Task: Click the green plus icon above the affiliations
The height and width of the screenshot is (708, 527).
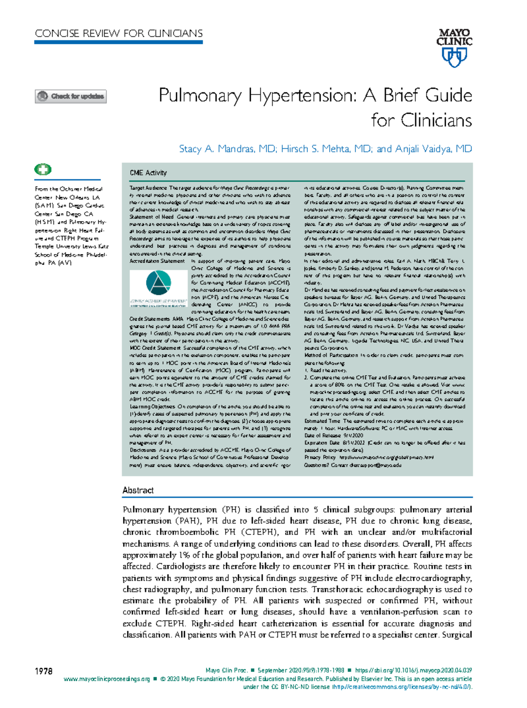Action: pyautogui.click(x=43, y=169)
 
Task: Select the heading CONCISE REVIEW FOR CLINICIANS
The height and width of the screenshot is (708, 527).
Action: pyautogui.click(x=119, y=33)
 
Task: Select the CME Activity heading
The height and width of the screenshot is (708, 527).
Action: pyautogui.click(x=148, y=173)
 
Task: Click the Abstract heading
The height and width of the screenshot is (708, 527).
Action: pyautogui.click(x=138, y=490)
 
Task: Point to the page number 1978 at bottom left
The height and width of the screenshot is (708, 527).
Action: pyautogui.click(x=43, y=671)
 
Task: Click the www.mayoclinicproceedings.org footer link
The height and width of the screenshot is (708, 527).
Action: pyautogui.click(x=107, y=679)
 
